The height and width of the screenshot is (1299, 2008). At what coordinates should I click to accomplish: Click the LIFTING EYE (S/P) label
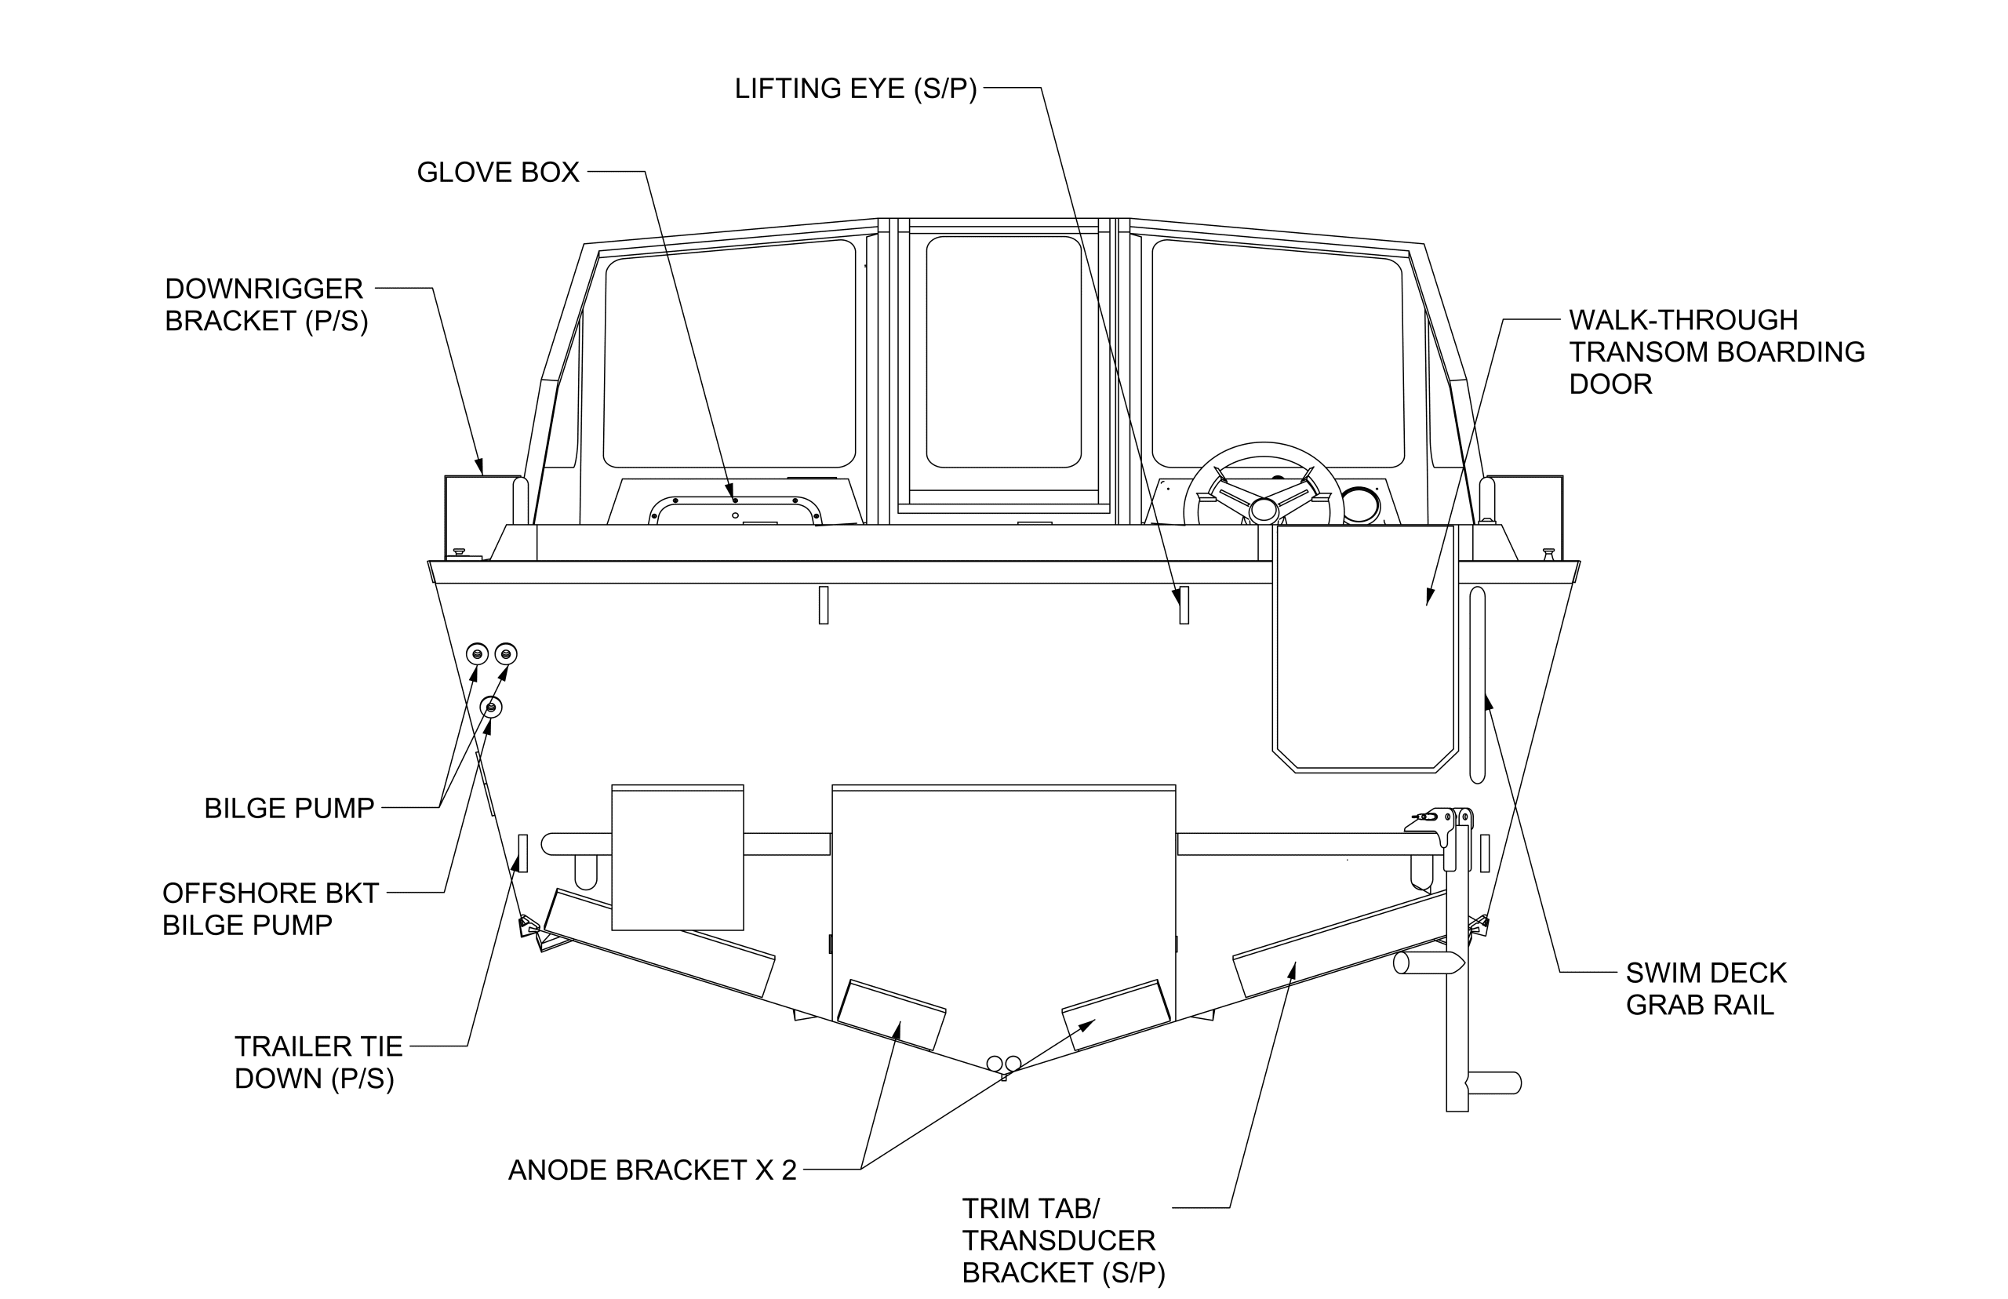(855, 89)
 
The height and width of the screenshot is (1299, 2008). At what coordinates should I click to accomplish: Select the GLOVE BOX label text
(497, 173)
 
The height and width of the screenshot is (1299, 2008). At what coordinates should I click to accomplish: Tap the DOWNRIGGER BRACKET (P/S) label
(266, 304)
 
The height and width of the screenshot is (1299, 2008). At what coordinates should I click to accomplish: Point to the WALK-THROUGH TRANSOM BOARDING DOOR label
(1715, 351)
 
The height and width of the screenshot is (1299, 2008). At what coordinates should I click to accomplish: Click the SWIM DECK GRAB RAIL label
(1705, 988)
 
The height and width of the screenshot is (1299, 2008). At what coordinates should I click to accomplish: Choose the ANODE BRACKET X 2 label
(652, 1170)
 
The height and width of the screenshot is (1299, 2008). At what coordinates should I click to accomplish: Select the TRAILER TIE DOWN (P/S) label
(318, 1062)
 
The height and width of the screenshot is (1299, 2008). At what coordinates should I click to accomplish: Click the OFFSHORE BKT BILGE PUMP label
(270, 908)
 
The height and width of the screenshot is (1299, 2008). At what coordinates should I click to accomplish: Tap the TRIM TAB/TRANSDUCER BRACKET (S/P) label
(1063, 1240)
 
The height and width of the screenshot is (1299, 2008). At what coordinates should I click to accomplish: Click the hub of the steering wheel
(1263, 509)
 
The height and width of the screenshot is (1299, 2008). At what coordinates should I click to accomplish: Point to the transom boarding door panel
(1364, 649)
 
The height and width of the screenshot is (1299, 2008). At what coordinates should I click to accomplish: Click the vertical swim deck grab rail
(1477, 685)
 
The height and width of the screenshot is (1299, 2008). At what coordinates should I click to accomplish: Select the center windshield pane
(1003, 351)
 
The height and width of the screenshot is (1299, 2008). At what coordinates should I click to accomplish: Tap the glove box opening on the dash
(734, 511)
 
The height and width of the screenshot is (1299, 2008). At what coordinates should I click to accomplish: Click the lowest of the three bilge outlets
(491, 707)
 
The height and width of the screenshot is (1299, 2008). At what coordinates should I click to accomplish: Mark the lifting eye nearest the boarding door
(1183, 605)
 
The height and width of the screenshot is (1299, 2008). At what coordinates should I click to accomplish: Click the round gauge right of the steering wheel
(1359, 505)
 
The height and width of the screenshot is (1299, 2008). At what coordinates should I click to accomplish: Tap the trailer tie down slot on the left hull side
(523, 853)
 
